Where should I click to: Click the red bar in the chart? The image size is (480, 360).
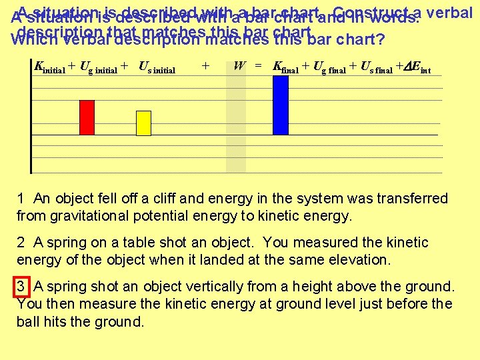[87, 117]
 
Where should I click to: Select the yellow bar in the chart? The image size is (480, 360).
[144, 123]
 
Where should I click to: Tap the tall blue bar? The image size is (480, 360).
[281, 105]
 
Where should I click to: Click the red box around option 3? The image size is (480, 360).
[23, 287]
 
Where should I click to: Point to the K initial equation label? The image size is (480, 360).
[49, 67]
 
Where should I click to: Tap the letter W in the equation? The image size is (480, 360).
[239, 67]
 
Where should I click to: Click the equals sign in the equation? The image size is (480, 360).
[258, 67]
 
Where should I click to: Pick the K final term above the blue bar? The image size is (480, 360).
[285, 67]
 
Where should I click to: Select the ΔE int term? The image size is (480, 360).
[419, 67]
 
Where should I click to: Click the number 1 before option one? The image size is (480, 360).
[21, 199]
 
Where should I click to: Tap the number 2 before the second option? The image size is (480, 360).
[21, 243]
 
